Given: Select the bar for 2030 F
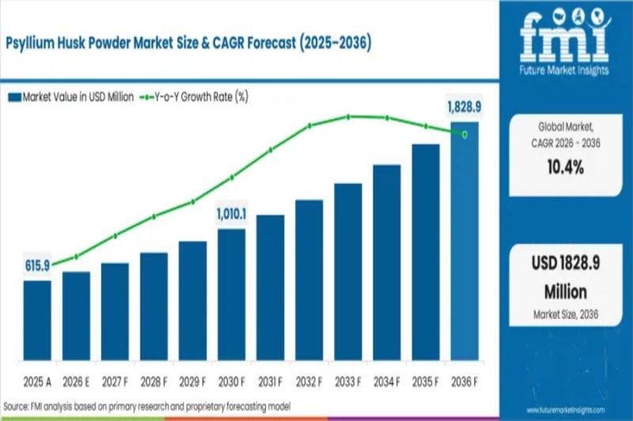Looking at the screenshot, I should [232, 292].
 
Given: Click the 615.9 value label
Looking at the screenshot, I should [37, 265].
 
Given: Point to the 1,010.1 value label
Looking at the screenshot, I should [232, 213].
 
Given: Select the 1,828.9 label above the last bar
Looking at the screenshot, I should [464, 106].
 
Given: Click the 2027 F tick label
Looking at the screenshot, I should [115, 382].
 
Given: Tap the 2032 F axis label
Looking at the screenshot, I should [309, 382].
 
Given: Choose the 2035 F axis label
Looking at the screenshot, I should [426, 382].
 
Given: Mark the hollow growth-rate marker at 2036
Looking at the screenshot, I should [464, 134].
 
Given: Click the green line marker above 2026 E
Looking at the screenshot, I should [76, 256].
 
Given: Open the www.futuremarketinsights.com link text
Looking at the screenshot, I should [564, 410].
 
